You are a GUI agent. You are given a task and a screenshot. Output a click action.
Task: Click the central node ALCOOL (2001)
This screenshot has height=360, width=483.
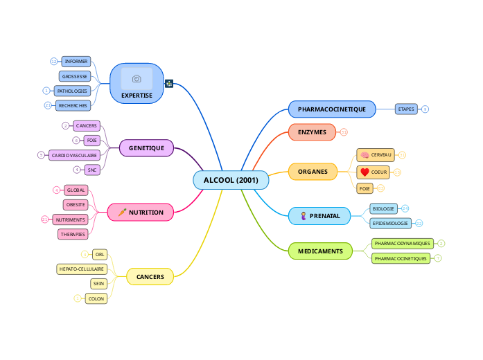click(231, 180)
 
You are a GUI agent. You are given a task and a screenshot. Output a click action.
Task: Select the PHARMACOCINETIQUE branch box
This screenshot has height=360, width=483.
click(331, 109)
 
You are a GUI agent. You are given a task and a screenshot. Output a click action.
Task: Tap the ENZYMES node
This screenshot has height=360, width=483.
click(312, 132)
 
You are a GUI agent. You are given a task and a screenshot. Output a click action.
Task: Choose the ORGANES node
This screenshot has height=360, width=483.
click(313, 171)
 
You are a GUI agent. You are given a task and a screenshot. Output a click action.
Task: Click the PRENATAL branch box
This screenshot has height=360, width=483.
click(319, 216)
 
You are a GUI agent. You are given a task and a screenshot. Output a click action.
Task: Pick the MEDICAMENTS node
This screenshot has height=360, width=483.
click(320, 251)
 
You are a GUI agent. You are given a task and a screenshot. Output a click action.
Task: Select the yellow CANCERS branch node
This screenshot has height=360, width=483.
click(150, 277)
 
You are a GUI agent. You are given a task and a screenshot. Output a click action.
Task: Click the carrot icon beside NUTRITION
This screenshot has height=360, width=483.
click(121, 213)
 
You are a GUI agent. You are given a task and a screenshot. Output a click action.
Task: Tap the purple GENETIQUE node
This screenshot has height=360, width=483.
click(146, 147)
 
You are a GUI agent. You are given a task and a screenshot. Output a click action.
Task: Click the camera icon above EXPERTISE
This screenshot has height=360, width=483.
click(137, 79)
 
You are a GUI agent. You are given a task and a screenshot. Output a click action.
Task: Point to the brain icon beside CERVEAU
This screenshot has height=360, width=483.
click(365, 154)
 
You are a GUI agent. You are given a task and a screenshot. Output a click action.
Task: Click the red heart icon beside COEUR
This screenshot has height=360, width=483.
click(365, 172)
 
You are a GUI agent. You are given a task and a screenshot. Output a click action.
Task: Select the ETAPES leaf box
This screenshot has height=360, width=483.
click(406, 109)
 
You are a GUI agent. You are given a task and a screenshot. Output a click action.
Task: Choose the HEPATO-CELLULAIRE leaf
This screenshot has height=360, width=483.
click(82, 269)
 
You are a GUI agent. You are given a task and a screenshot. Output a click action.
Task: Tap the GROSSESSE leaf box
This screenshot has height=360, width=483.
click(74, 76)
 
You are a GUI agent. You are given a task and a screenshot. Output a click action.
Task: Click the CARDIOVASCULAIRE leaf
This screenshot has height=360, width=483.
click(74, 155)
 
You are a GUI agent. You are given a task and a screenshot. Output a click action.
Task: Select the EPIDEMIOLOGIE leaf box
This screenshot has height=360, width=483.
click(390, 223)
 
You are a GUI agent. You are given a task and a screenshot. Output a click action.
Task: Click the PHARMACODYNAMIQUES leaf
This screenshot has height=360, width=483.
click(402, 244)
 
